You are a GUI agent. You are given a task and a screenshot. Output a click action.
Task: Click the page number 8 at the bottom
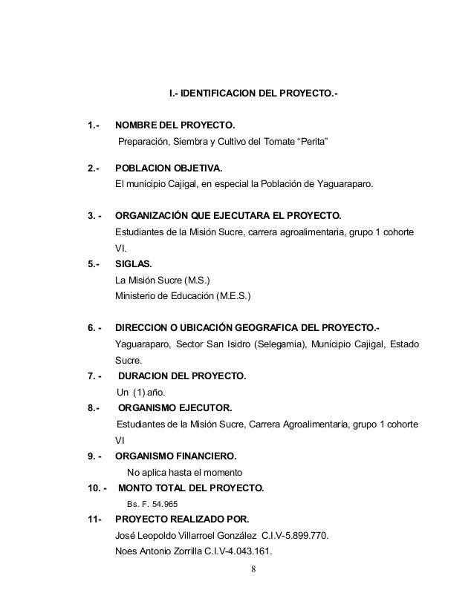(x=254, y=570)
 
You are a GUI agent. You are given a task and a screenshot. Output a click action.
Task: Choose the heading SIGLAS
(x=133, y=266)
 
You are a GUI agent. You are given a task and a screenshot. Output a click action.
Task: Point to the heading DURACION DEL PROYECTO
(x=182, y=376)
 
